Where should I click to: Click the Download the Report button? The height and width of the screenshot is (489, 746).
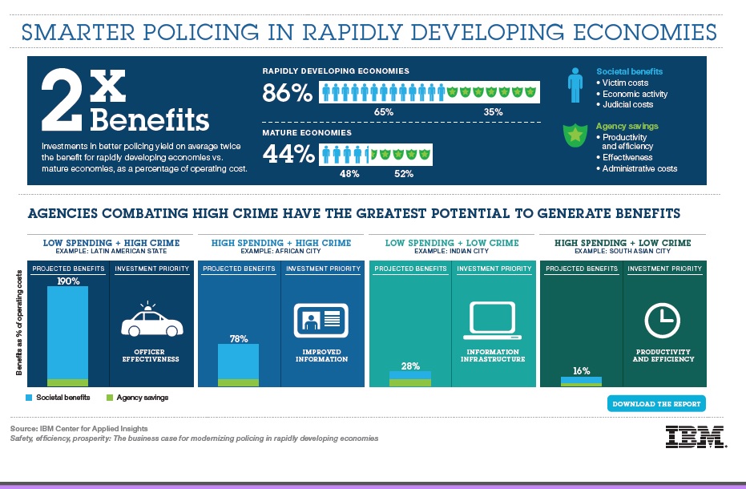click(656, 403)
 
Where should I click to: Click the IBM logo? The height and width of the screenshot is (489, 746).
click(695, 436)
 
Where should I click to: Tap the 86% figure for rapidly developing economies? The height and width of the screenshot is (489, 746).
click(287, 94)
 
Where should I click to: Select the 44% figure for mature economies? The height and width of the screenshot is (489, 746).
click(288, 153)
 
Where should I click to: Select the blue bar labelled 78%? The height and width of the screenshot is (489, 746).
click(239, 362)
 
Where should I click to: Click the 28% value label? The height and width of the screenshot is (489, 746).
click(410, 366)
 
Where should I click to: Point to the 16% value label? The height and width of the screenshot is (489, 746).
click(581, 371)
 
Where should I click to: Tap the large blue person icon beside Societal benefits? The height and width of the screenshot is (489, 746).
click(575, 86)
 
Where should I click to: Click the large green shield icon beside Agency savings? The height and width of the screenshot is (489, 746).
click(575, 135)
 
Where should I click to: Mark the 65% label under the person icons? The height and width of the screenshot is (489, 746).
click(383, 112)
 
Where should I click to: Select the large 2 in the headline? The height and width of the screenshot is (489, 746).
click(63, 100)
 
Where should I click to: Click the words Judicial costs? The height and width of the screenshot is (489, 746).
click(627, 104)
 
